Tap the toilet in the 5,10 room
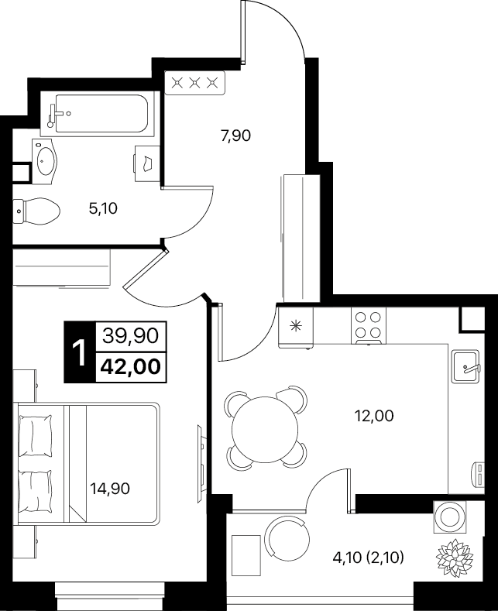pyautogui.click(x=36, y=211)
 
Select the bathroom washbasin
pyautogui.click(x=45, y=162)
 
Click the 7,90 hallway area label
pyautogui.click(x=235, y=136)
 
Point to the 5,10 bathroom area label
pyautogui.click(x=103, y=208)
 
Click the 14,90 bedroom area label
pyautogui.click(x=110, y=488)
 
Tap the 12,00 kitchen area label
pyautogui.click(x=374, y=416)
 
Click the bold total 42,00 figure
pyautogui.click(x=131, y=367)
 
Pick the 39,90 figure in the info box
pyautogui.click(x=131, y=335)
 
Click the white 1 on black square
pyautogui.click(x=80, y=352)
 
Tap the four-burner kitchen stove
pyautogui.click(x=369, y=326)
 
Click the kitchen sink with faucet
pyautogui.click(x=465, y=366)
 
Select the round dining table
pyautogui.click(x=265, y=429)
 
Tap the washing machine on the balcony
pyautogui.click(x=449, y=517)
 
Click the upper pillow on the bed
pyautogui.click(x=36, y=435)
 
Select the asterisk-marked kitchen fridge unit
pyautogui.click(x=296, y=327)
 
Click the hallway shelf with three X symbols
pyautogui.click(x=195, y=83)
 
